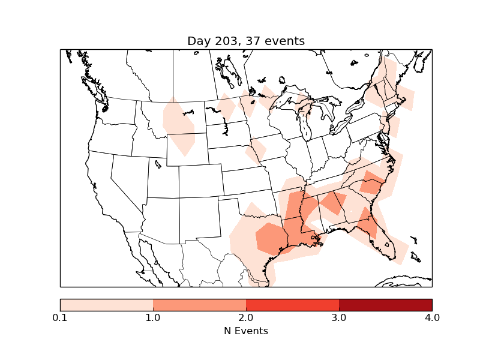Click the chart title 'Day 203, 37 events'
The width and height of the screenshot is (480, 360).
pos(246,41)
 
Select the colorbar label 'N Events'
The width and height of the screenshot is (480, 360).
pos(246,331)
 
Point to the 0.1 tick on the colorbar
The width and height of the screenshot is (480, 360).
pos(60,317)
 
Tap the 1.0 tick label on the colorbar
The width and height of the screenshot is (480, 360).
pos(153,317)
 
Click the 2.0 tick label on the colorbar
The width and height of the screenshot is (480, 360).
pos(246,317)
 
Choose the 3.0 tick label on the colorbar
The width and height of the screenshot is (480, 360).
pos(339,317)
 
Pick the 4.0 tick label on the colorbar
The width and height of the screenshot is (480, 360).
pos(432,317)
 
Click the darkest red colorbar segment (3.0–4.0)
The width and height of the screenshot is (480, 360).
pos(385,304)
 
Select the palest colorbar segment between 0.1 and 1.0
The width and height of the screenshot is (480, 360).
pos(107,304)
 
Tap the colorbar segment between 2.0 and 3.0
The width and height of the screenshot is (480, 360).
pos(292,304)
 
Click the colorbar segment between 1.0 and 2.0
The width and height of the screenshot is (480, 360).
pos(199,304)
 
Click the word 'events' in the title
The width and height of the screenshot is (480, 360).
pos(285,41)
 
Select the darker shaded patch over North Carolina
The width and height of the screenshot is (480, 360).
pos(372,182)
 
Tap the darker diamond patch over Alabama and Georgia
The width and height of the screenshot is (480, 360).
pos(333,202)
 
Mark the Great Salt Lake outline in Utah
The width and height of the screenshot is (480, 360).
pos(158,163)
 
